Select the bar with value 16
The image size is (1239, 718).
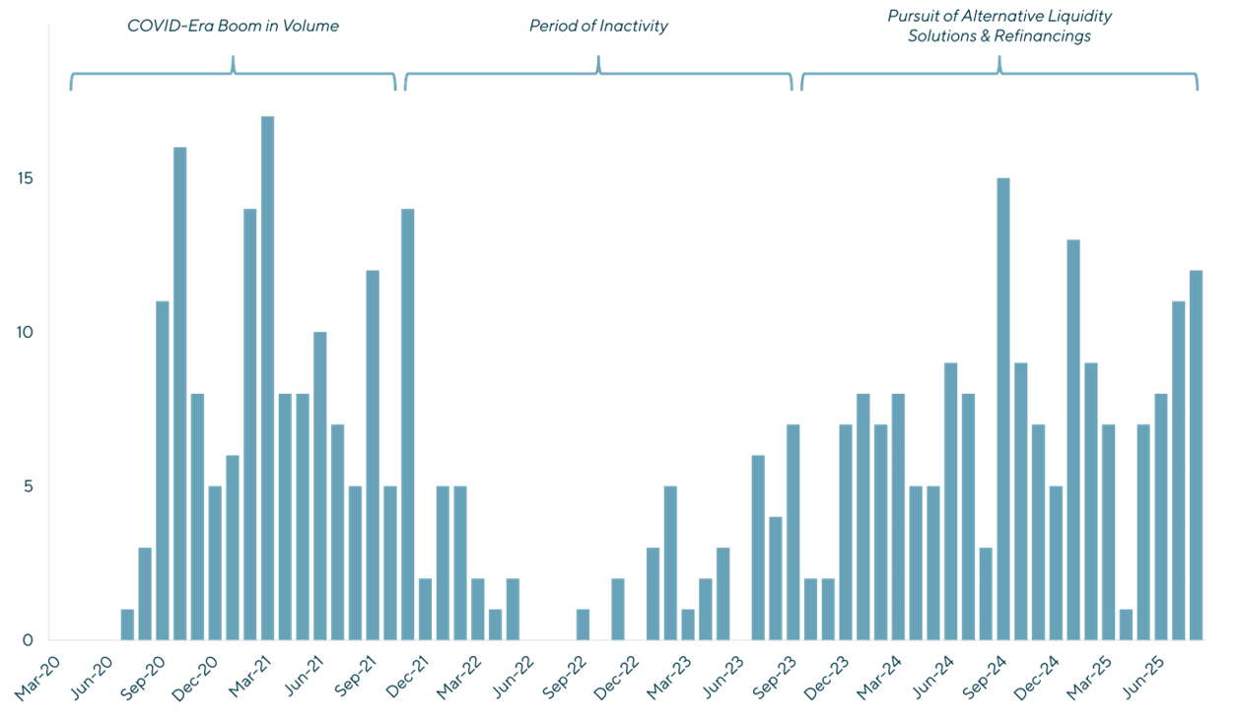click(x=179, y=393)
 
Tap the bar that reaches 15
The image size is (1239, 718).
click(x=1003, y=409)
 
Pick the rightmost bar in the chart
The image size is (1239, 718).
click(x=1196, y=455)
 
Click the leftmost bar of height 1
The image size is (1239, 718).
click(x=127, y=624)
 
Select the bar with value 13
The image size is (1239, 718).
click(x=1073, y=439)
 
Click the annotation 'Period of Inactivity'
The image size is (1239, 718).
click(x=598, y=27)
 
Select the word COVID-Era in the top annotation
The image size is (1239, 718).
click(x=164, y=27)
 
